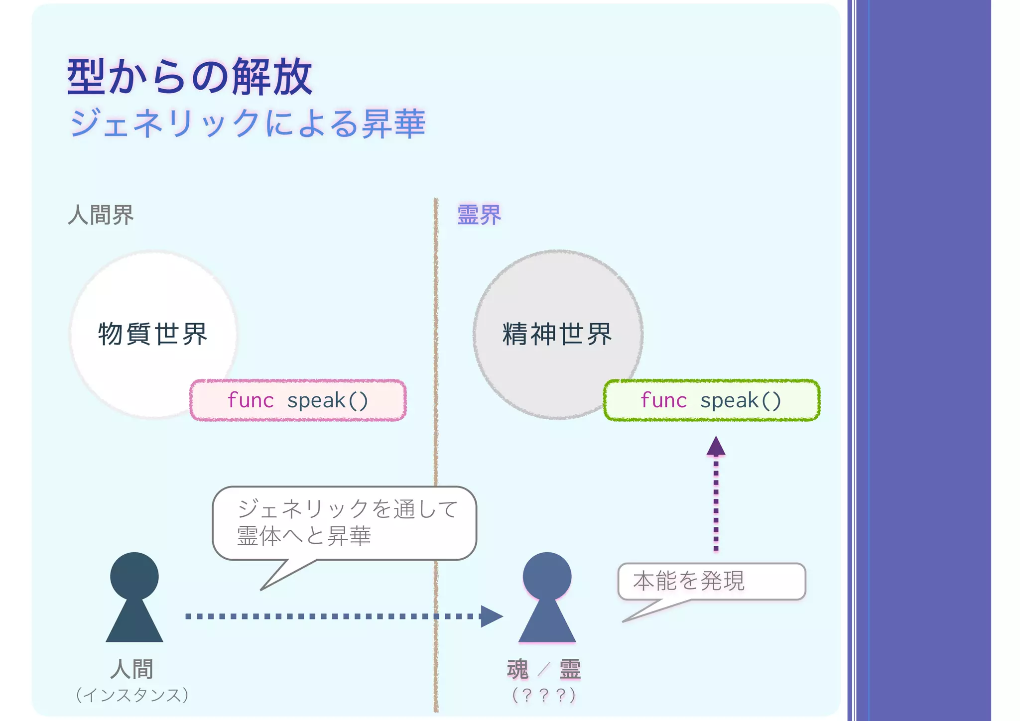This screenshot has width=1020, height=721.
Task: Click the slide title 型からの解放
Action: pyautogui.click(x=190, y=77)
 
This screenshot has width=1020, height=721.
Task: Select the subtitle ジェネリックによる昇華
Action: pyautogui.click(x=248, y=123)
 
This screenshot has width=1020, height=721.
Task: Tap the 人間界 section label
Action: pyautogui.click(x=101, y=215)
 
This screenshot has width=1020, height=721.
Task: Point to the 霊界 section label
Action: pyautogui.click(x=479, y=215)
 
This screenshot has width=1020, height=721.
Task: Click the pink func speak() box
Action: pyautogui.click(x=298, y=400)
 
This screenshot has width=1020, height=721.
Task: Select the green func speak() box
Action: pyautogui.click(x=711, y=400)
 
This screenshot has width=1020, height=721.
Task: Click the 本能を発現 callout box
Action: pyautogui.click(x=711, y=581)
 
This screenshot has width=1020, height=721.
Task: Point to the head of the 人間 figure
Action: pyautogui.click(x=134, y=576)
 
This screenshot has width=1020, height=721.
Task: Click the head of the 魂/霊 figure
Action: pyautogui.click(x=547, y=576)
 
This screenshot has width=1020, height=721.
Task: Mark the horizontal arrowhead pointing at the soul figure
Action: pyautogui.click(x=491, y=616)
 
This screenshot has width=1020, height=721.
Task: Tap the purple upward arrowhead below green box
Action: pyautogui.click(x=716, y=447)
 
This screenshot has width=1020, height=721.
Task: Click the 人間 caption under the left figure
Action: pyautogui.click(x=132, y=669)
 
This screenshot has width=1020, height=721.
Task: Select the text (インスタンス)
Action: pyautogui.click(x=132, y=695)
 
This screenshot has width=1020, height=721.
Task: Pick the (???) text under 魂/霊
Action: pyautogui.click(x=544, y=695)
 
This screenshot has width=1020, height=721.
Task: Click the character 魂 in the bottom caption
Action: pyautogui.click(x=518, y=669)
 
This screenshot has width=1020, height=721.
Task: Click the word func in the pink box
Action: pyautogui.click(x=251, y=400)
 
